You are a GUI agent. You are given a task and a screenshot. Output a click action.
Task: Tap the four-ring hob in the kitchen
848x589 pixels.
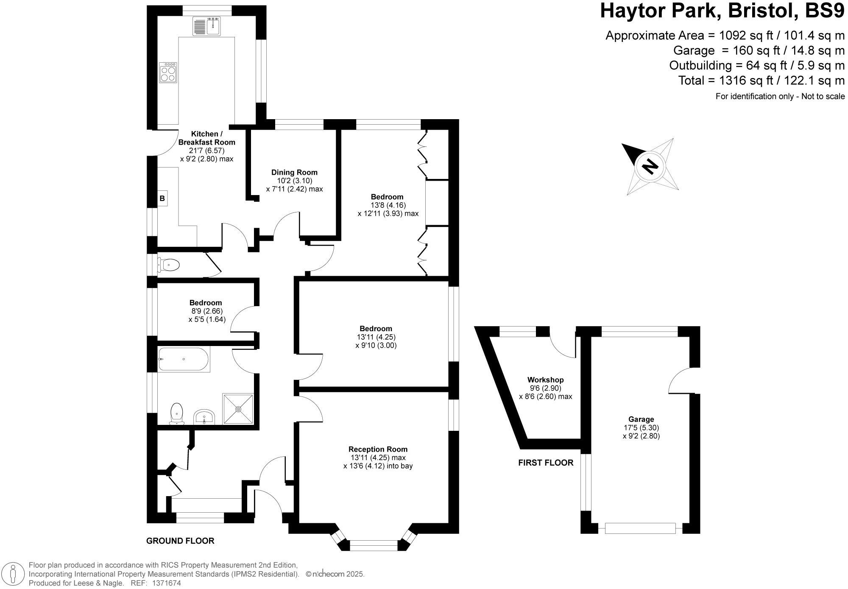tap(168, 73)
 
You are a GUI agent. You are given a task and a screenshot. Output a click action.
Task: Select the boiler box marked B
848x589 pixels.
tap(162, 198)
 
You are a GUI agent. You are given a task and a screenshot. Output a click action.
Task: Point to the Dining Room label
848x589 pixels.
tap(294, 172)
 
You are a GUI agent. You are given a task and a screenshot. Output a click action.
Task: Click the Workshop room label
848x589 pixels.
tap(545, 380)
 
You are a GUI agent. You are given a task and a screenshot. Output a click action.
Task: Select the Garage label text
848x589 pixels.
tap(641, 419)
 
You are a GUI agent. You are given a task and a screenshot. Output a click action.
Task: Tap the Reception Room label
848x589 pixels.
tap(378, 449)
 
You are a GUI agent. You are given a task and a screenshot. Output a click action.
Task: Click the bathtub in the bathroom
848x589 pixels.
tap(183, 360)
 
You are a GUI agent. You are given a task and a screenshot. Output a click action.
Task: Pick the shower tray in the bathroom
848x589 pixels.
tap(238, 409)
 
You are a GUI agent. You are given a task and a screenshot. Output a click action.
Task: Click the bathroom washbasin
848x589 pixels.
tap(205, 416)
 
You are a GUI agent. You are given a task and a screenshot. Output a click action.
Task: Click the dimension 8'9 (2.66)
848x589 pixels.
tap(206, 311)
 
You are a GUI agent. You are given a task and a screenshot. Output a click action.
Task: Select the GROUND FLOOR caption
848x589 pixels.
tap(180, 541)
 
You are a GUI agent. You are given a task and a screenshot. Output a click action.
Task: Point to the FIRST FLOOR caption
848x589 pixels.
tap(546, 463)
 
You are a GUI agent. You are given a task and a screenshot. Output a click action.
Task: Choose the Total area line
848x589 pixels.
tap(761, 80)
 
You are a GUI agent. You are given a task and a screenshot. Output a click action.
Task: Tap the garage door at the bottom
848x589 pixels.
tap(640, 528)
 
